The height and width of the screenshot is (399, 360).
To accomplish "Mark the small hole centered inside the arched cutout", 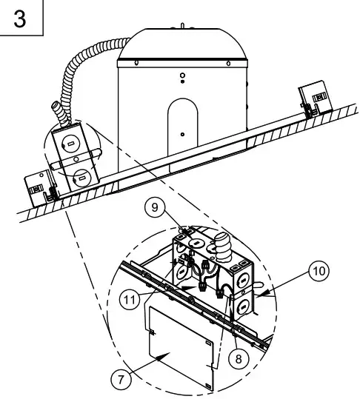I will pos(182,134).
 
